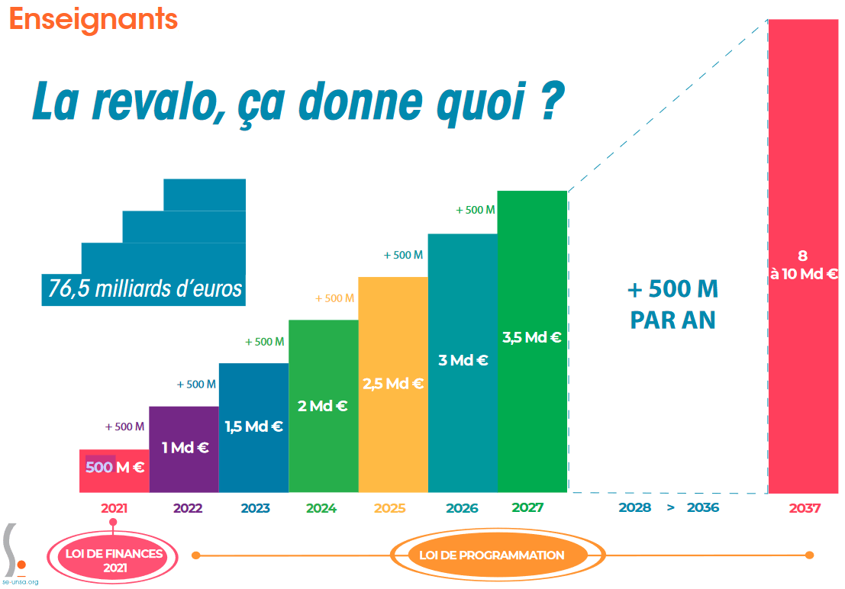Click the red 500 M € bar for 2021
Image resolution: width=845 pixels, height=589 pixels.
click(114, 471)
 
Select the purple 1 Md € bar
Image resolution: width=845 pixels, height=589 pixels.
click(184, 449)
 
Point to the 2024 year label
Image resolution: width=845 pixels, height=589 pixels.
click(321, 508)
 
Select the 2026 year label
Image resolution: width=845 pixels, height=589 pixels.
click(462, 508)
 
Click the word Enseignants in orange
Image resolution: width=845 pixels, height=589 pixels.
click(93, 19)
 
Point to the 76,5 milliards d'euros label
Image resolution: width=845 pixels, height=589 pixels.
click(145, 289)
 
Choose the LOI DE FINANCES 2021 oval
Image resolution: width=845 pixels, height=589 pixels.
click(114, 560)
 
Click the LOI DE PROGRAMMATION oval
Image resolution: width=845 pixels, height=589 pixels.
click(492, 555)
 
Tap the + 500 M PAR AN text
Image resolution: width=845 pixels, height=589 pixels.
click(672, 304)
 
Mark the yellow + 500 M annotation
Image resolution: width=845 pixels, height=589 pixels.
click(334, 298)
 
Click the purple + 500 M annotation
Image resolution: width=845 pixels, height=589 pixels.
click(124, 427)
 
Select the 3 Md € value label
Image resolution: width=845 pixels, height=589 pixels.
click(463, 361)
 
